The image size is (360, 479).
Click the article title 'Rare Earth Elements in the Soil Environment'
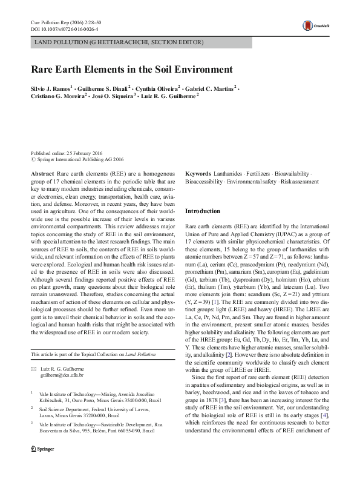pos(132,69)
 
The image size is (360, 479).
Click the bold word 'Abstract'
pos(43,173)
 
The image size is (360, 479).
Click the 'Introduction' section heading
pos(203,211)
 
